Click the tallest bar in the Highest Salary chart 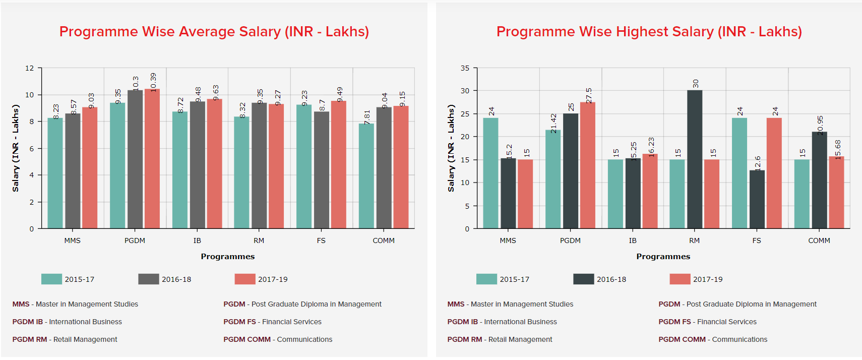tap(694, 159)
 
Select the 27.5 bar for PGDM tap(588, 165)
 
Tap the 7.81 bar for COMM tap(366, 176)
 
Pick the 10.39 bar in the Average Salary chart tap(152, 159)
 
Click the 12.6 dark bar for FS tap(757, 199)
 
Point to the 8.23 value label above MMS tap(56, 111)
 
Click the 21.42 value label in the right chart tap(553, 123)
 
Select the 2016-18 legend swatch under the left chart tap(149, 279)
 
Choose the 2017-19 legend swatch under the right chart tap(680, 279)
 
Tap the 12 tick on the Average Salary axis tap(30, 68)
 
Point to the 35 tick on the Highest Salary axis tap(465, 68)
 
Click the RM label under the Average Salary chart tap(259, 241)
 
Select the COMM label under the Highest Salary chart tap(819, 241)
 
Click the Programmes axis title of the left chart tap(228, 257)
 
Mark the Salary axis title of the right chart tap(451, 148)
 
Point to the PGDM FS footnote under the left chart tap(272, 322)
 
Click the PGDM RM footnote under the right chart tap(500, 339)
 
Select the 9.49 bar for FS tap(339, 165)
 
